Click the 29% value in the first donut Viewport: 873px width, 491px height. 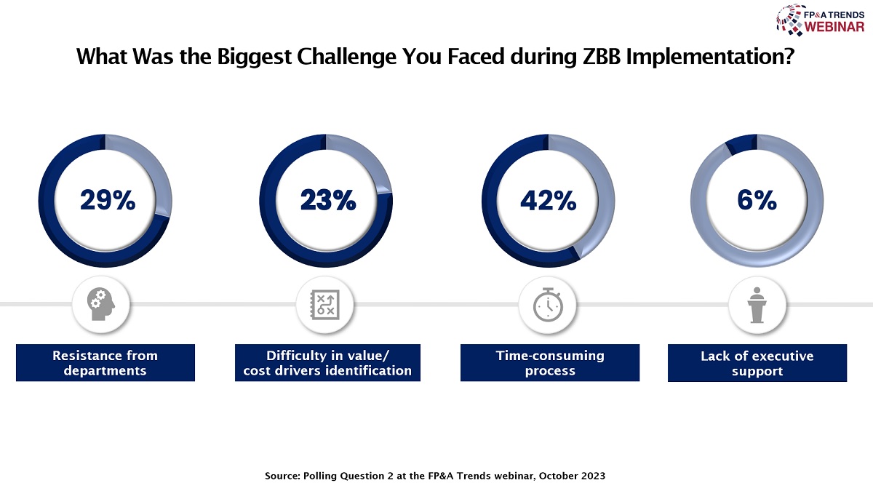[x=108, y=200]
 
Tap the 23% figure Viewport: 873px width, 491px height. [x=328, y=200]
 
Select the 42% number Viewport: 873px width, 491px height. [x=548, y=201]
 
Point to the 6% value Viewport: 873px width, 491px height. [x=757, y=200]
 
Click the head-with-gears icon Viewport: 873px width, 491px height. [x=100, y=304]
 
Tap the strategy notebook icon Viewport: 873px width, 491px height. [x=324, y=305]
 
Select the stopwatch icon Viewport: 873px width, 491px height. [x=548, y=305]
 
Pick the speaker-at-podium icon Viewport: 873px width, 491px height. [x=757, y=305]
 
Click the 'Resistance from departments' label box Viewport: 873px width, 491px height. [x=105, y=362]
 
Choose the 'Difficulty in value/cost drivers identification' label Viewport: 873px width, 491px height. [x=327, y=362]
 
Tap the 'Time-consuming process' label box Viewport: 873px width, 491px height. [x=550, y=362]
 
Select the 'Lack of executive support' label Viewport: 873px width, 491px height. [x=757, y=363]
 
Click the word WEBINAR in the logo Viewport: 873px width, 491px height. [x=834, y=27]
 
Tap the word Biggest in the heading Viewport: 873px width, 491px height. [x=254, y=57]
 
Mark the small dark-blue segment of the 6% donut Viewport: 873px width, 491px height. [x=741, y=144]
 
